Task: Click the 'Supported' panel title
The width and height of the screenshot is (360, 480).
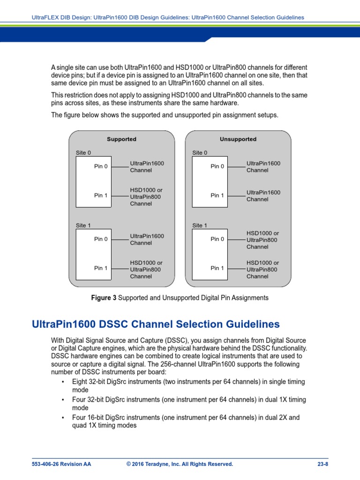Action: coord(121,139)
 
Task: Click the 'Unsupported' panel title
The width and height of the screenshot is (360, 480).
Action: coord(238,139)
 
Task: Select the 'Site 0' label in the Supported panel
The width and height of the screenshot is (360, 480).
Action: coord(83,153)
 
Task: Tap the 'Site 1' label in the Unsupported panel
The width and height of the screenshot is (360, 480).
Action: coord(200,225)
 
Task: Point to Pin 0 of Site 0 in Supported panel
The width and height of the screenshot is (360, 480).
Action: coord(101,166)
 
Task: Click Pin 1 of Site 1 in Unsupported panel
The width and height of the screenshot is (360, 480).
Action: coord(217,268)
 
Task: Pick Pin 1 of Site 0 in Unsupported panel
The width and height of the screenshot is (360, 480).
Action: coord(217,195)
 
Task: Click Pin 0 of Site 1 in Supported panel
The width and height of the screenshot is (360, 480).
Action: coord(101,239)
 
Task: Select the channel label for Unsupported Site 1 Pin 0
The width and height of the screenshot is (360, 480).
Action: coord(262,240)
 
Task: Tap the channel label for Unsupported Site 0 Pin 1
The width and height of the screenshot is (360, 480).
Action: coord(263,196)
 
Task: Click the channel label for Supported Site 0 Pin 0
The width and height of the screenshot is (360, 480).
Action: coord(147,167)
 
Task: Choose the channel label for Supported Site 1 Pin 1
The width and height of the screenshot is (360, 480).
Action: coord(146,270)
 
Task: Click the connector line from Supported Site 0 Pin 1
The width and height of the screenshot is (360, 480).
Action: coord(120,196)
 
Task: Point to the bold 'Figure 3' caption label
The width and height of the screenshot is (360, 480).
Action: coord(104,298)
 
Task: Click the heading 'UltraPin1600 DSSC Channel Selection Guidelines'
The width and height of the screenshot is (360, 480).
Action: coord(156,324)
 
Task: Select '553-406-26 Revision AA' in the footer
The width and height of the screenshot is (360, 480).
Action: coord(61,464)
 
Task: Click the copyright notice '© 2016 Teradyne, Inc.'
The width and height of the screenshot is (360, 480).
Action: coord(180,464)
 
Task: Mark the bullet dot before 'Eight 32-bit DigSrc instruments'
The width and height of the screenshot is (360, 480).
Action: coord(63,382)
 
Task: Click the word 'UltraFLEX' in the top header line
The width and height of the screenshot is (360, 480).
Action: coord(45,17)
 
